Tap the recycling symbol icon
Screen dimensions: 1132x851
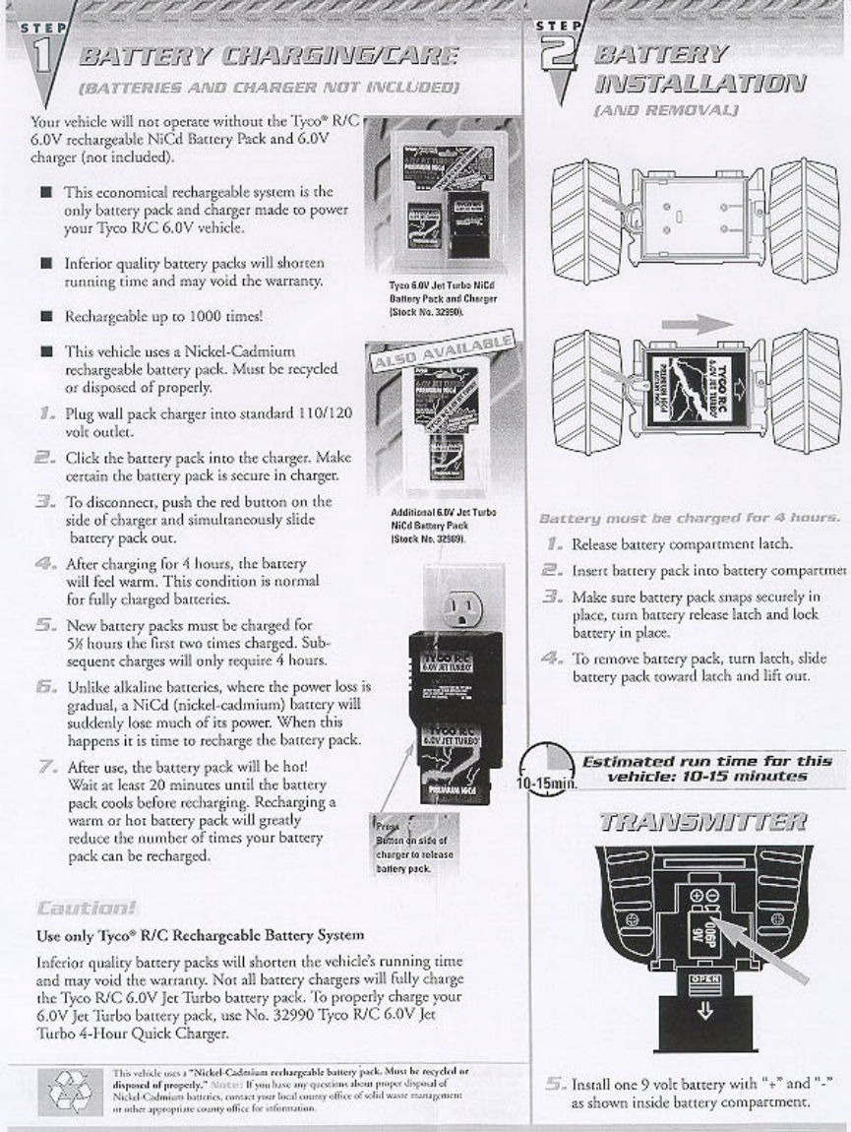coord(68,1087)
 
